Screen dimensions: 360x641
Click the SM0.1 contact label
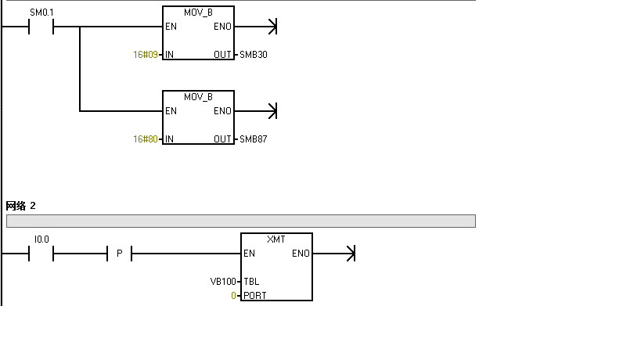pos(41,13)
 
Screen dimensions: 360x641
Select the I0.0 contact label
pos(42,238)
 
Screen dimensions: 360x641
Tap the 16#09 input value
pos(146,55)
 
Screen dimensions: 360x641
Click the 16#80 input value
pos(146,139)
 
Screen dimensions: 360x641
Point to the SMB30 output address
pos(254,55)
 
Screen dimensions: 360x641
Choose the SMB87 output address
pos(254,139)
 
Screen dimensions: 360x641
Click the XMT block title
pos(276,238)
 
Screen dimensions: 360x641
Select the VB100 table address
pos(223,281)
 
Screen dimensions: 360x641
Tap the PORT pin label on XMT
pos(254,296)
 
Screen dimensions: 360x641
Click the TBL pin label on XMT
pos(251,281)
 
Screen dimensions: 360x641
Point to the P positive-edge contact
pos(119,254)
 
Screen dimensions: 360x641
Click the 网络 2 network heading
pos(21,206)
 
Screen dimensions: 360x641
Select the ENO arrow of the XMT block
pos(350,254)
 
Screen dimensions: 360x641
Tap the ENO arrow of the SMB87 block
pos(272,111)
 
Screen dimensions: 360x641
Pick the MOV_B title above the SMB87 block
pos(198,97)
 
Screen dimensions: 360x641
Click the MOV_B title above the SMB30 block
pos(198,13)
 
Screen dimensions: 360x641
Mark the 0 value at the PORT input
pos(233,296)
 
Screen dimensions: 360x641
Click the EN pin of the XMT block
pos(249,254)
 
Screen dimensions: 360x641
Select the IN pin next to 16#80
pos(169,139)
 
